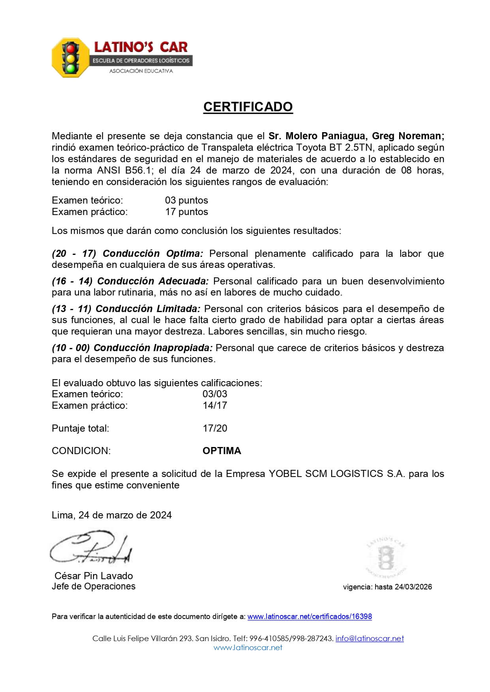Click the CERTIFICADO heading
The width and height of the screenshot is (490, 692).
coord(248,107)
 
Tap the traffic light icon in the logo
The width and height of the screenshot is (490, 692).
coord(71,58)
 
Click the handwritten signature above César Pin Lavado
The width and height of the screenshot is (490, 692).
coord(91,548)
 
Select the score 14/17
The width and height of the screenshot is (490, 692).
coord(215,405)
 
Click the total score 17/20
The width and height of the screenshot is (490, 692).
coord(215,428)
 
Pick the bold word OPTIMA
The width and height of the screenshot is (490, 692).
coord(222,451)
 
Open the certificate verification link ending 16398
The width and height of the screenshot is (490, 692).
coord(310,617)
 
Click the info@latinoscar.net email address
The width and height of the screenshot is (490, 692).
coord(370,638)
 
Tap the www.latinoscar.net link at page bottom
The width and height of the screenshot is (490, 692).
coord(248,647)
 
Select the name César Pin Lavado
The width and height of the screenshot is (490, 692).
coord(94,576)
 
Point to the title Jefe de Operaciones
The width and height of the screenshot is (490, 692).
coord(94,586)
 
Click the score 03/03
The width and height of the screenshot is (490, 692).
coord(215,394)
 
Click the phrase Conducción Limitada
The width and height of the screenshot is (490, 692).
coord(148,309)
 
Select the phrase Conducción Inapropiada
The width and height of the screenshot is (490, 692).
coord(153,348)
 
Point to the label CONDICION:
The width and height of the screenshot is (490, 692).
coord(81,451)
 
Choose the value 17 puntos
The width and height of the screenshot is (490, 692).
coord(186,212)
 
